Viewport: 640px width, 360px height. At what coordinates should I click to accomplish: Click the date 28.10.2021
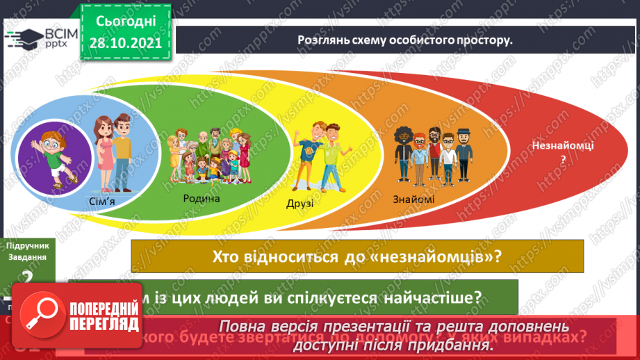coord(125,42)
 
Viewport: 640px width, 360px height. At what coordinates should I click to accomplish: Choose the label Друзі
coord(300,204)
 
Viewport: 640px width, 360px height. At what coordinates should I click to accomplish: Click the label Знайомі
coord(413,200)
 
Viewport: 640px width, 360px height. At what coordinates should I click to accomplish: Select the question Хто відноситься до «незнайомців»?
coord(359,256)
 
